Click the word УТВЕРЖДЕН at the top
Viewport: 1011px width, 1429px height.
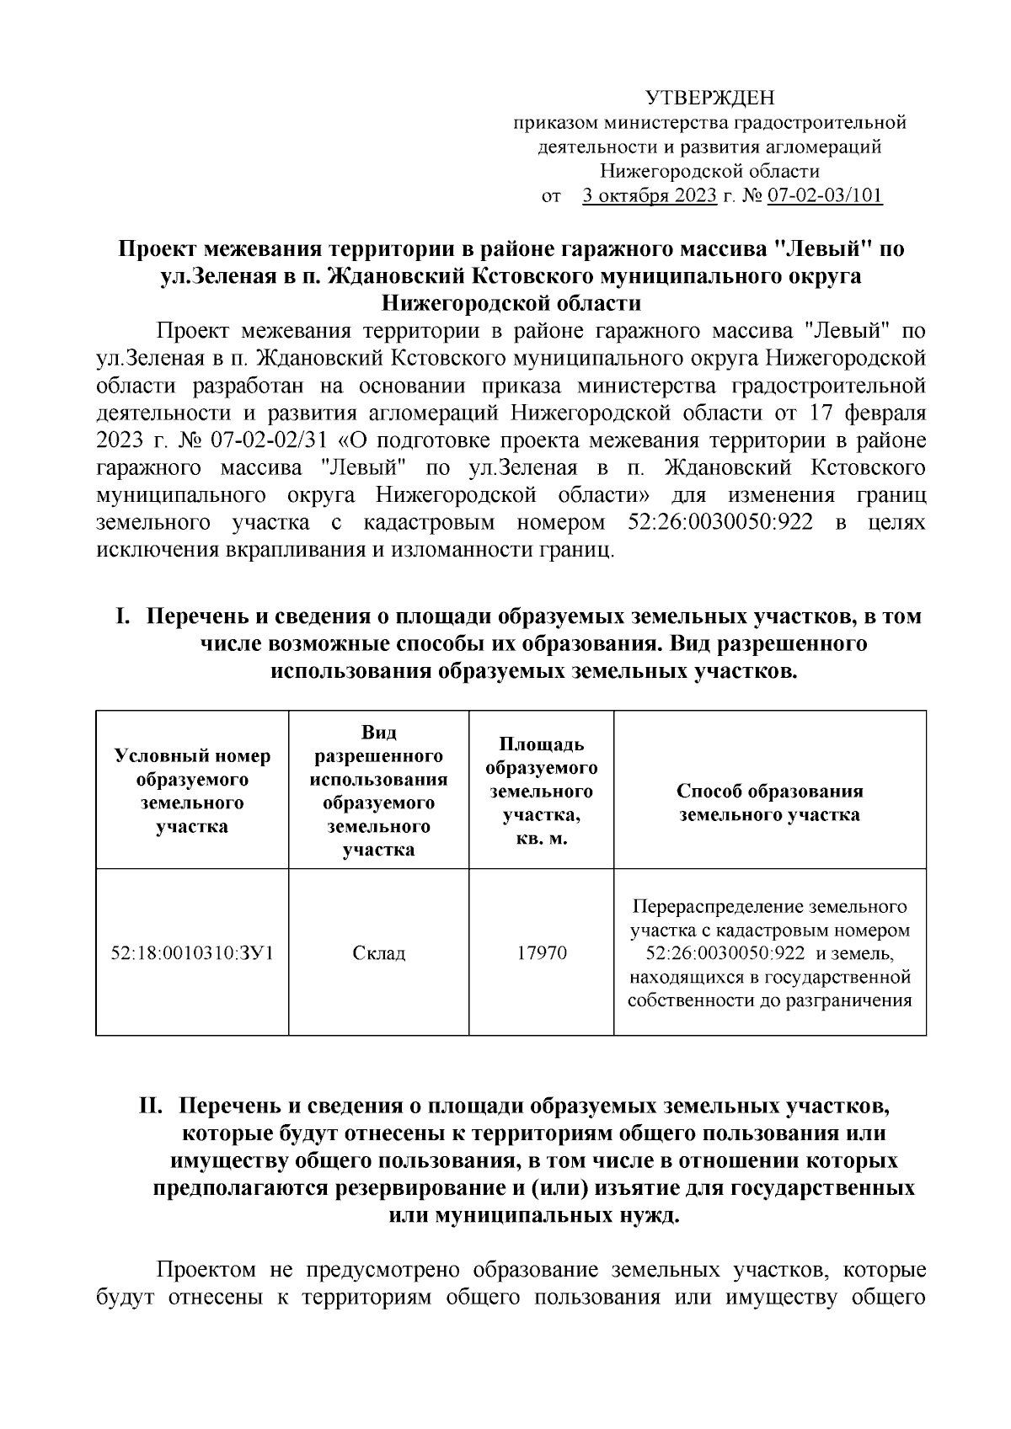709,99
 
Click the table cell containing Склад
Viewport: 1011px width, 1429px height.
378,953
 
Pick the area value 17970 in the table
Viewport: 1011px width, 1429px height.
541,953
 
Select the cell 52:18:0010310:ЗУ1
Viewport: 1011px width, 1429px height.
192,953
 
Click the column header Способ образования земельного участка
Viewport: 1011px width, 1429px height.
769,802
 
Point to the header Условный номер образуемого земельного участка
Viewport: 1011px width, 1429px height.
192,791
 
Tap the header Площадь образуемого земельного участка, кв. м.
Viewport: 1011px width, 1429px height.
541,792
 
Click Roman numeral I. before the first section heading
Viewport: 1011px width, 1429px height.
124,616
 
